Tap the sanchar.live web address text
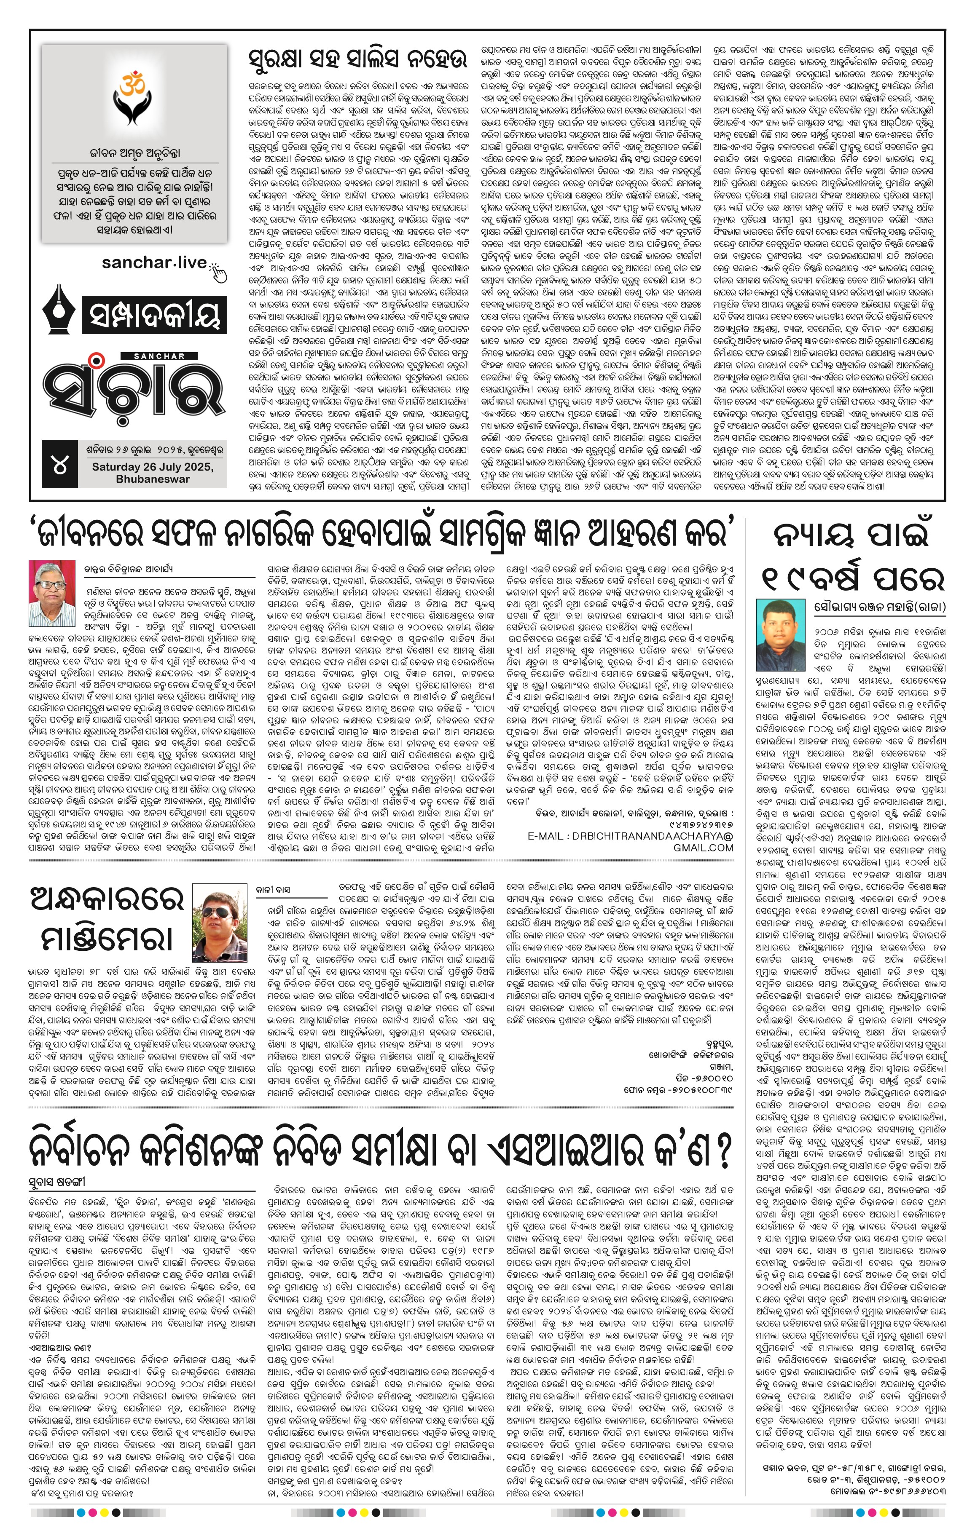pos(153,262)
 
